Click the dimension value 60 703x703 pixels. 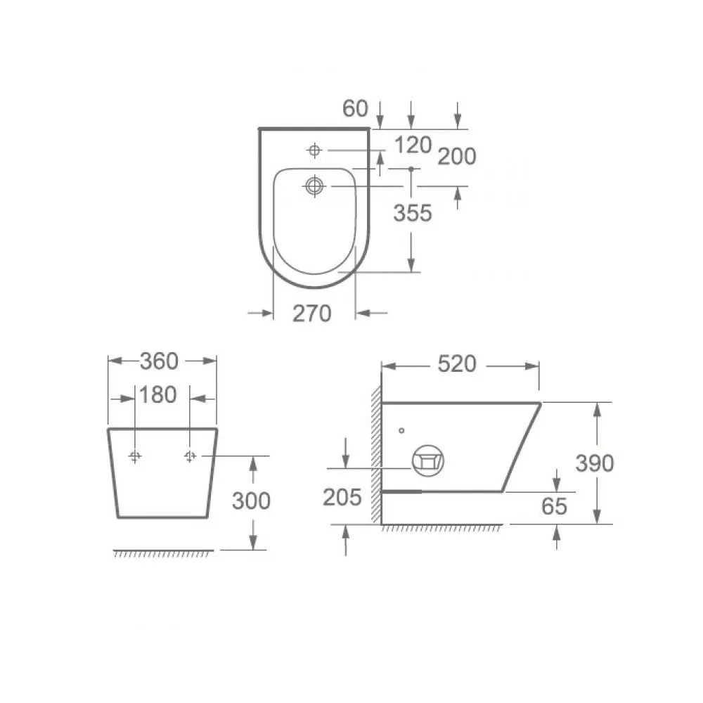355,108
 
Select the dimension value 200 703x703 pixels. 456,157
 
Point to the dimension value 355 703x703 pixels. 412,213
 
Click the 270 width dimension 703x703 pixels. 311,314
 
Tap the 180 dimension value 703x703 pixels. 158,395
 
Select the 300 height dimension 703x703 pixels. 250,501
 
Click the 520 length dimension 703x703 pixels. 456,364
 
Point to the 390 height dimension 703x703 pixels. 594,463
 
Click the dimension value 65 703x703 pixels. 554,505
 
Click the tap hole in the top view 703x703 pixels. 314,150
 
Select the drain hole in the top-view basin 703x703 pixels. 314,186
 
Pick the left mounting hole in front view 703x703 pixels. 136,457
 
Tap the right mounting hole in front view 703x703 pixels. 189,457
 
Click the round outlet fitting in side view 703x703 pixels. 427,460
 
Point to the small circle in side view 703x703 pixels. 401,430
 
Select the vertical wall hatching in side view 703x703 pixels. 377,457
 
